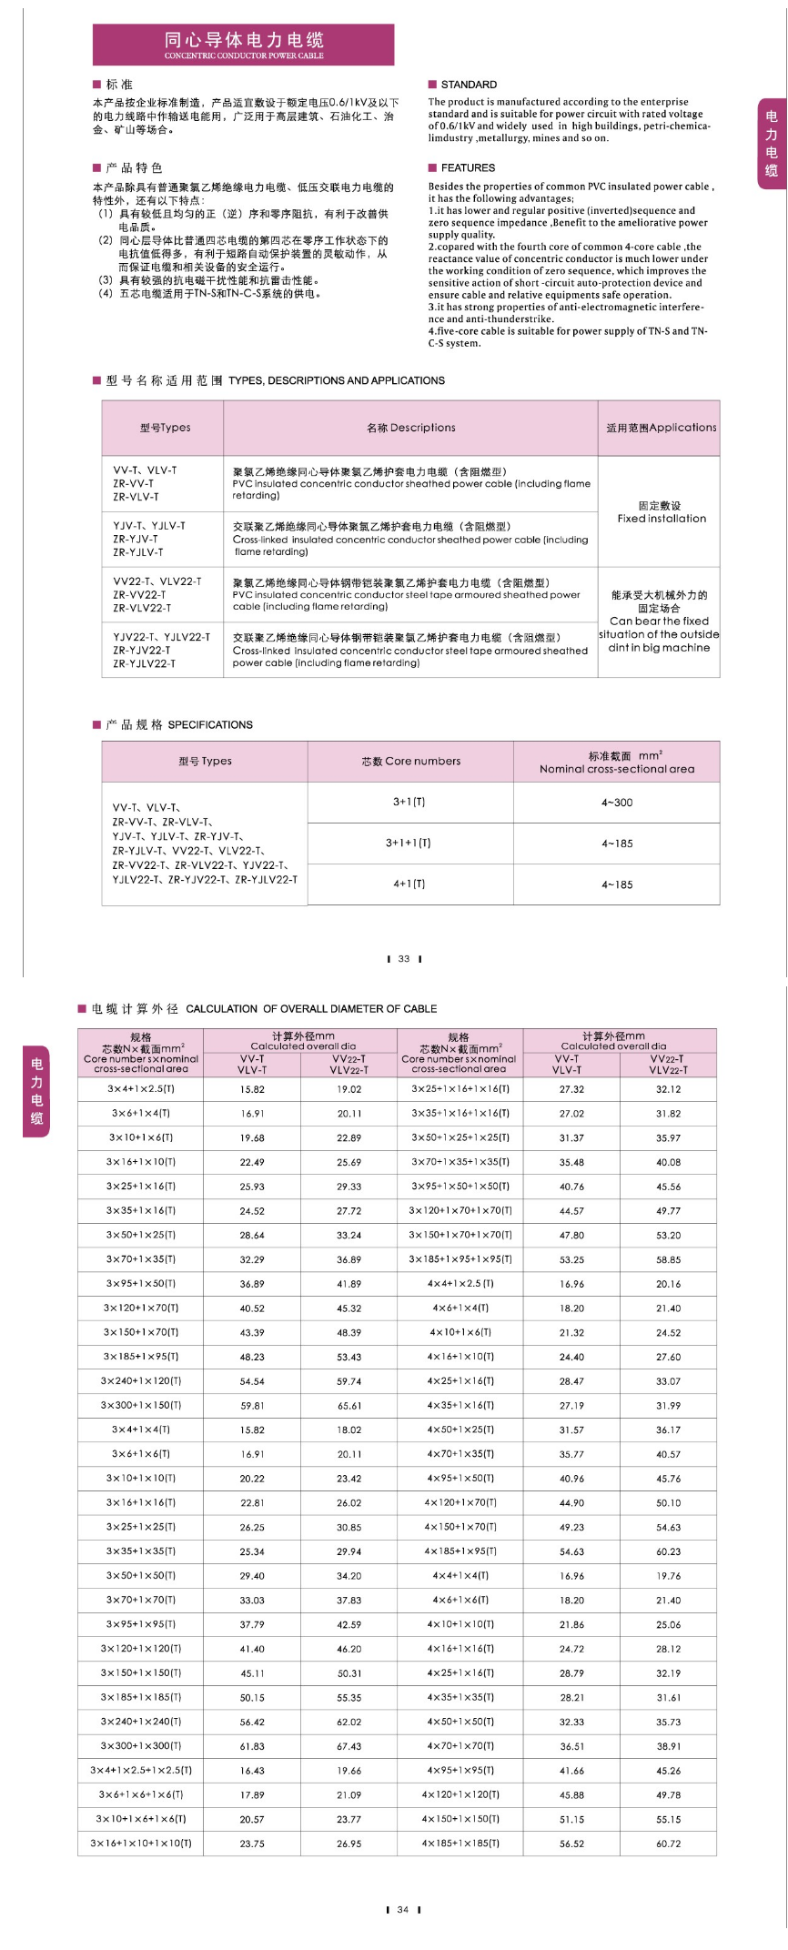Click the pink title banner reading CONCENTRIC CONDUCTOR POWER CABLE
click(x=243, y=45)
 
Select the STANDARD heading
click(x=468, y=85)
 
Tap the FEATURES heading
click(x=467, y=168)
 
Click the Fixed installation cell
click(x=661, y=512)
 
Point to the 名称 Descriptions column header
click(x=410, y=428)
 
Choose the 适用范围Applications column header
click(x=661, y=428)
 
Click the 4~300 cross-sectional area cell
click(x=616, y=803)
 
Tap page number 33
click(x=404, y=959)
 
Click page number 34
click(x=403, y=1910)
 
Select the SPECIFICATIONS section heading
click(x=210, y=725)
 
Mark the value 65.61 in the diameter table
click(x=349, y=1406)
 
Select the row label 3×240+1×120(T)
click(x=141, y=1381)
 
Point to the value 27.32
click(x=571, y=1089)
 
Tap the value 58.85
click(x=668, y=1259)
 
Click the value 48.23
click(x=252, y=1357)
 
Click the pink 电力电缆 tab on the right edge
click(x=772, y=144)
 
